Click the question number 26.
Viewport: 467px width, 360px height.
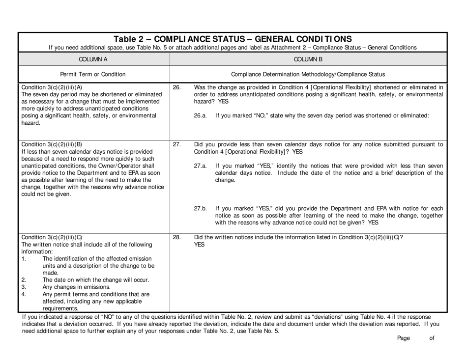coord(177,87)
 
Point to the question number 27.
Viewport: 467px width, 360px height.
coord(177,145)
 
